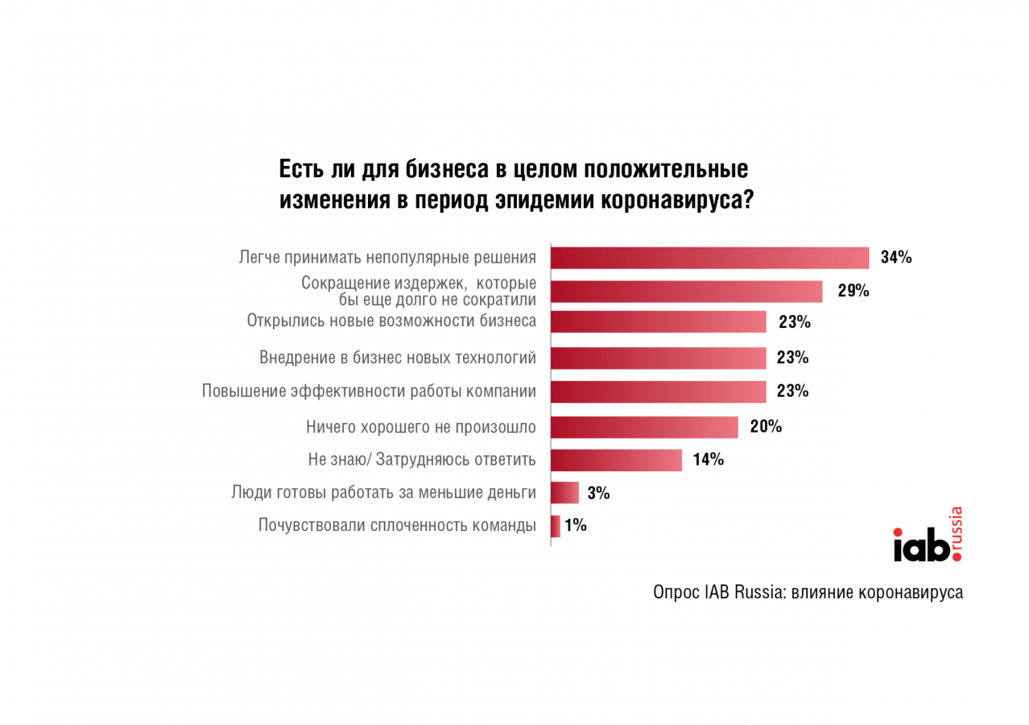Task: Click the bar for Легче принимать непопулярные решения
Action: click(x=709, y=258)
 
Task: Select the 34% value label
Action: click(x=896, y=258)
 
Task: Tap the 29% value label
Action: click(x=853, y=292)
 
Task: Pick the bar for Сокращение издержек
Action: click(x=686, y=292)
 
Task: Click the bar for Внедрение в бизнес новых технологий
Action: click(x=658, y=357)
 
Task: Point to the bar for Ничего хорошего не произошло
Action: click(x=644, y=427)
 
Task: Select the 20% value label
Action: click(x=766, y=427)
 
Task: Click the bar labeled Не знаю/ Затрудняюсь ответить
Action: click(x=616, y=460)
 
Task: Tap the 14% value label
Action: click(x=708, y=460)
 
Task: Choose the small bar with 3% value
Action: click(x=564, y=493)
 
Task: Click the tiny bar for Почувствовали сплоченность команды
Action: click(x=556, y=526)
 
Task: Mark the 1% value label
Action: click(x=576, y=526)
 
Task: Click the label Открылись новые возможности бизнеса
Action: click(x=391, y=321)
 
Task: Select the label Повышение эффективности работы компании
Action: click(x=369, y=391)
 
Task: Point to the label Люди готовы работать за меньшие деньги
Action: click(x=383, y=492)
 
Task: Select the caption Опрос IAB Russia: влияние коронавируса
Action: click(x=808, y=592)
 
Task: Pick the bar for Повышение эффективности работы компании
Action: click(x=658, y=391)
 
